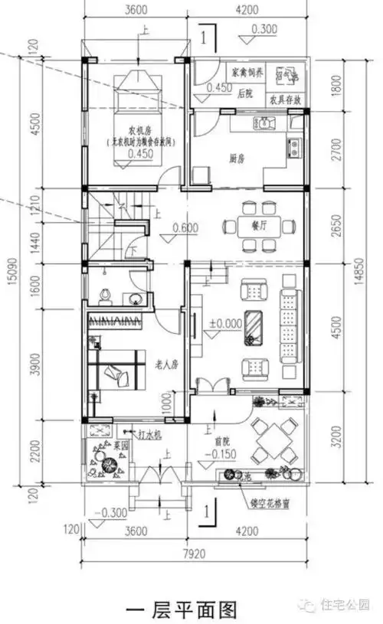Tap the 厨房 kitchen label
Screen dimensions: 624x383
(237, 159)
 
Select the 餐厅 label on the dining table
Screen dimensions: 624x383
(257, 226)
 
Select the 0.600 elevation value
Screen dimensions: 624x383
(185, 227)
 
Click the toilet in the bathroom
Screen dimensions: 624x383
(105, 297)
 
